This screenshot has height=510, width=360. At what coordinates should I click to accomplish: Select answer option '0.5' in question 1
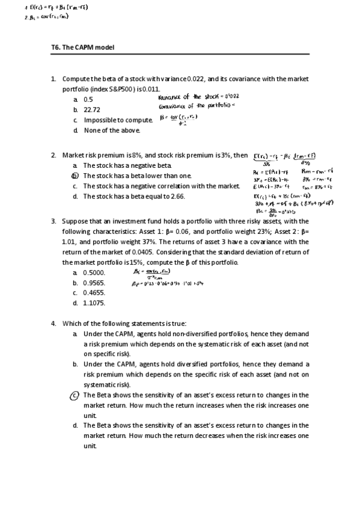88,99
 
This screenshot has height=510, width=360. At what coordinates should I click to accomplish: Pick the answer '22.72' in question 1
91,109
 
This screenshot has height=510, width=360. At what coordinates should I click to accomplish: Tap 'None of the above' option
112,130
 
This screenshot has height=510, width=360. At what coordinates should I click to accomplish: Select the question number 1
53,79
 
